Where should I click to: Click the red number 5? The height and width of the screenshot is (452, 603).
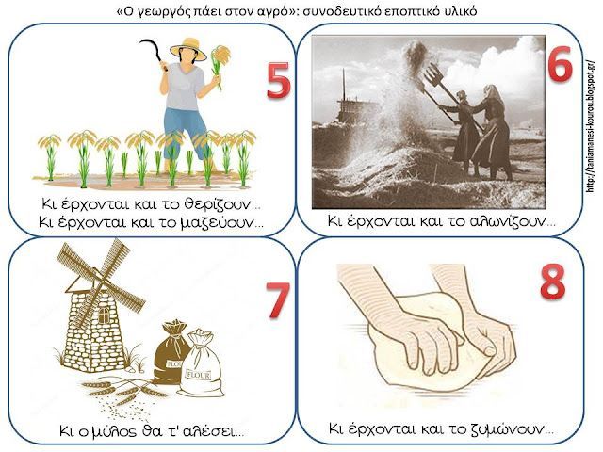[x=278, y=80]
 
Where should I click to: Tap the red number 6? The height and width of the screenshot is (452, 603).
[x=560, y=64]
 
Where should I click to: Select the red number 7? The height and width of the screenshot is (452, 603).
[x=278, y=299]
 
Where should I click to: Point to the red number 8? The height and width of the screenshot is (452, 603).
[x=553, y=282]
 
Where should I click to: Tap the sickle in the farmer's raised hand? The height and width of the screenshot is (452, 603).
[x=153, y=54]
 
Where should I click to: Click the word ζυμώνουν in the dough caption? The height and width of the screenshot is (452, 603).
[x=512, y=429]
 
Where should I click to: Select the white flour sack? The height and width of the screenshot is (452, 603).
[x=201, y=363]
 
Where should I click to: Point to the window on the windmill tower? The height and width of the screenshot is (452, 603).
[x=104, y=315]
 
